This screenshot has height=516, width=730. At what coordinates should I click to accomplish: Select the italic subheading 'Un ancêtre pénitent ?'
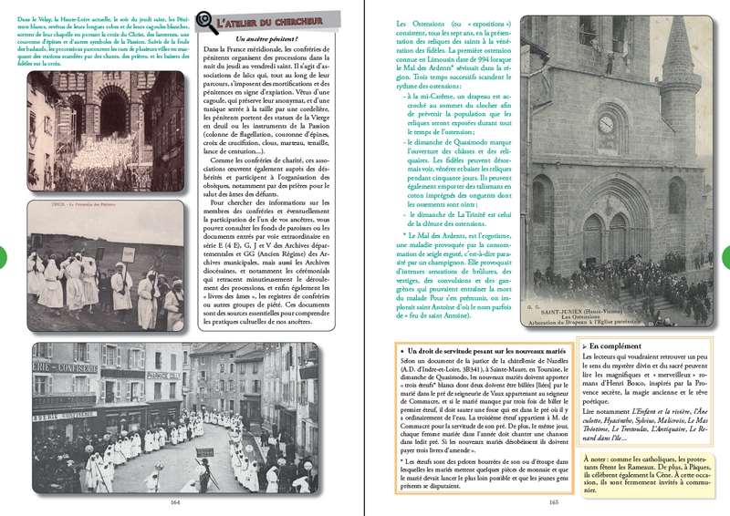click(x=266, y=39)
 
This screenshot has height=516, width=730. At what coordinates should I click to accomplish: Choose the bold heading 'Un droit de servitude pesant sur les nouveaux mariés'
click(x=480, y=351)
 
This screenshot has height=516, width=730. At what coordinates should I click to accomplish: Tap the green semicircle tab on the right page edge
click(x=725, y=259)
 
